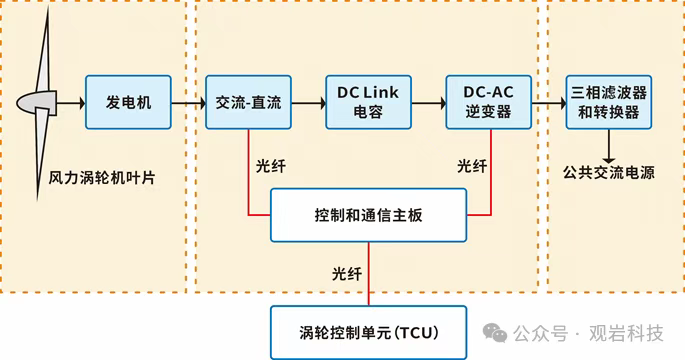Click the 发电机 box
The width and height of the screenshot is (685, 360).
(x=128, y=102)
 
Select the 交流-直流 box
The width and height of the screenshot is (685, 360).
(x=248, y=102)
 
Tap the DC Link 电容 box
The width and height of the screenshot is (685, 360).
(x=368, y=102)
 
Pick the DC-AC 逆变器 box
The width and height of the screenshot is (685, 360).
(x=488, y=102)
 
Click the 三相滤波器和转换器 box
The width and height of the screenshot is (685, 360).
(x=608, y=102)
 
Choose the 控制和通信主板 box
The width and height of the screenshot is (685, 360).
(x=368, y=215)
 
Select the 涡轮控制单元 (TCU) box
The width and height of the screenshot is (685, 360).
(x=368, y=331)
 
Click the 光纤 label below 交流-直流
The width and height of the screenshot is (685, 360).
(x=272, y=165)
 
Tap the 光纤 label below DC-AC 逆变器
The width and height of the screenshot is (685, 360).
(x=472, y=165)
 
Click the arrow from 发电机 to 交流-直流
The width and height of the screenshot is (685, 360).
(x=188, y=102)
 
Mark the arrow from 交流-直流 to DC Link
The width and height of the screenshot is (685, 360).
(x=308, y=102)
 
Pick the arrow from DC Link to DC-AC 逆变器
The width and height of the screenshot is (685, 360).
(x=428, y=102)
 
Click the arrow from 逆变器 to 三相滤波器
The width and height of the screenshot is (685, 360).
(x=547, y=102)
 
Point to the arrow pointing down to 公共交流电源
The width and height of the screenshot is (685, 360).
(x=608, y=145)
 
